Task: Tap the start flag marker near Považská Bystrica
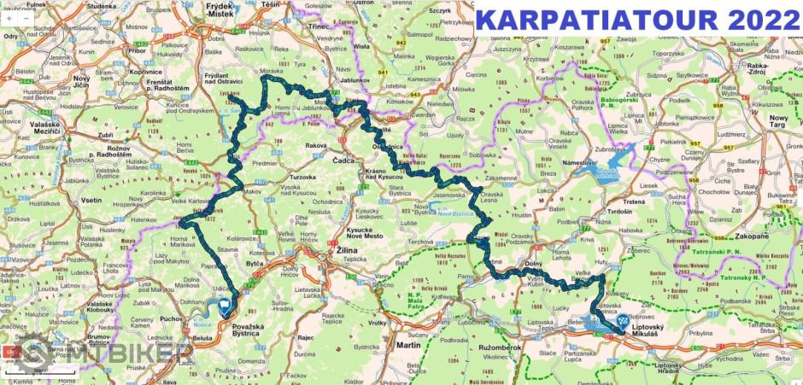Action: click(x=224, y=305)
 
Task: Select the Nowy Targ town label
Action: click(x=777, y=121)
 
